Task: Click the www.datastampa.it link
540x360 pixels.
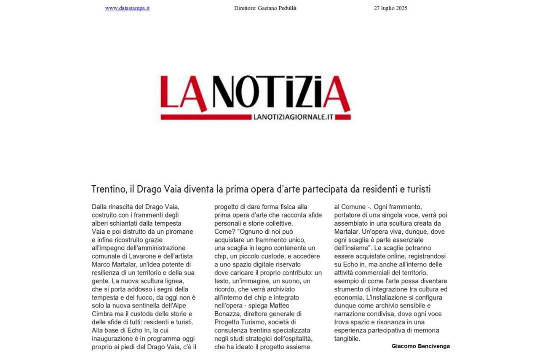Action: click(127, 8)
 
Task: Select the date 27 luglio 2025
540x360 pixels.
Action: click(390, 8)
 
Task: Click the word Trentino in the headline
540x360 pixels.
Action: click(108, 189)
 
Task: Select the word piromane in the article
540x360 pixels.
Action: click(178, 232)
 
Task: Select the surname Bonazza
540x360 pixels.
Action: click(228, 314)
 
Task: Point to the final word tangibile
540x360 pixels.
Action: click(347, 339)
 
